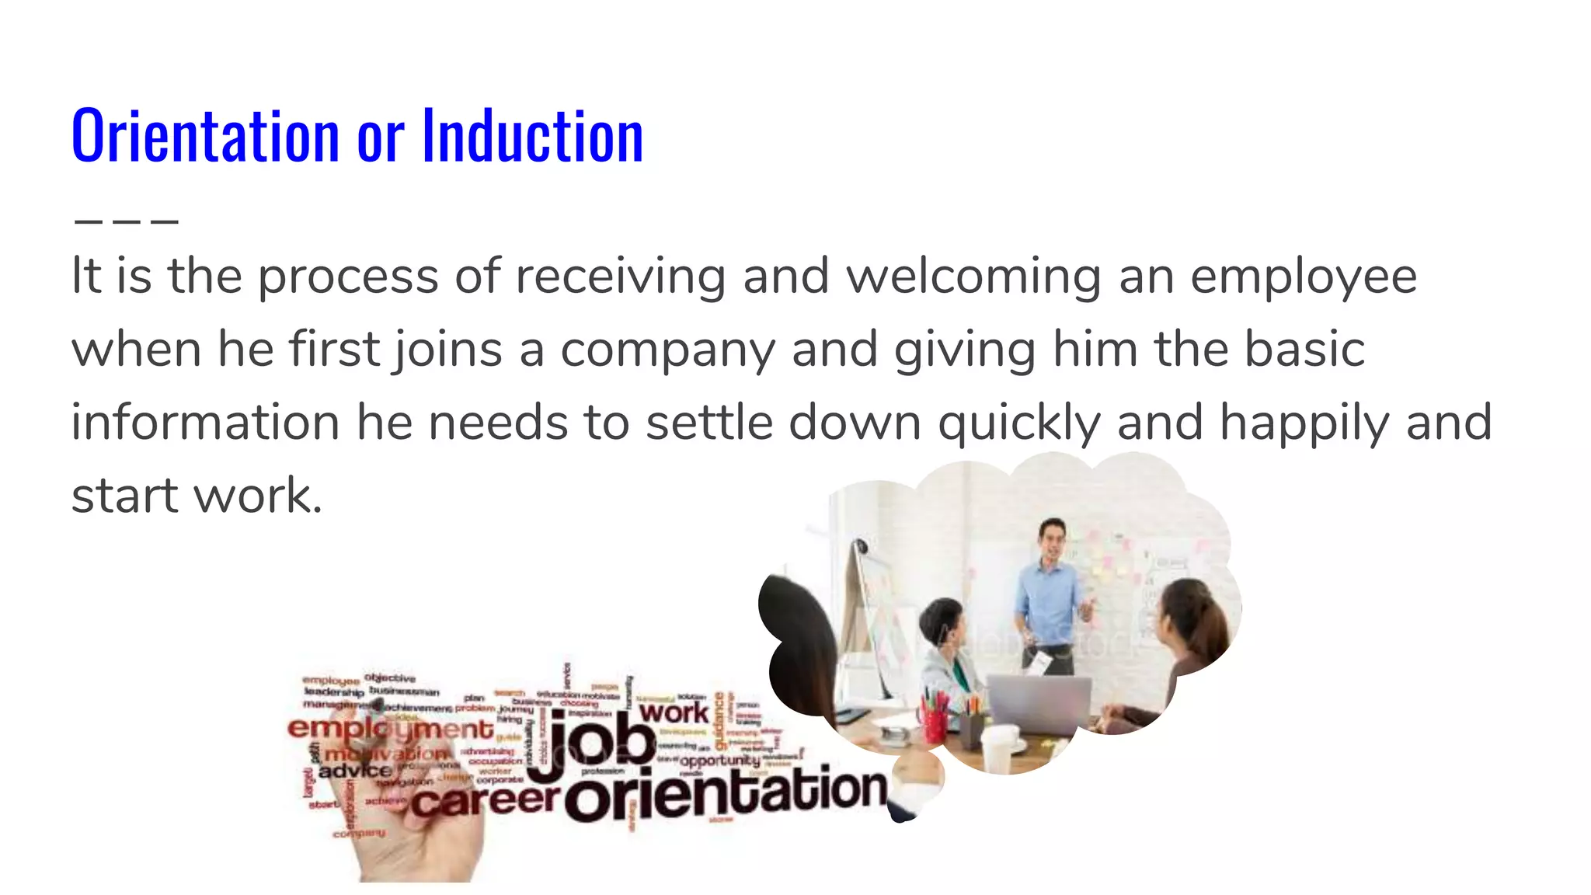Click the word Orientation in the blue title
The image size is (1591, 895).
[x=205, y=137]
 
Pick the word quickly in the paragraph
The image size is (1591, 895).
[x=1019, y=424]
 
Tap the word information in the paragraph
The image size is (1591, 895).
[x=205, y=423]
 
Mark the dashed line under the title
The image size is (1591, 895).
[x=127, y=221]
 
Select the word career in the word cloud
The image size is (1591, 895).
[x=485, y=799]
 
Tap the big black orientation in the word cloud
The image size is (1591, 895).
[x=726, y=794]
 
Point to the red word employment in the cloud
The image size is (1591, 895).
[x=390, y=729]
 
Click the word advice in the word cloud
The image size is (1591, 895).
[x=355, y=771]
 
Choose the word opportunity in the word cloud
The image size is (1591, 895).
[x=719, y=761]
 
